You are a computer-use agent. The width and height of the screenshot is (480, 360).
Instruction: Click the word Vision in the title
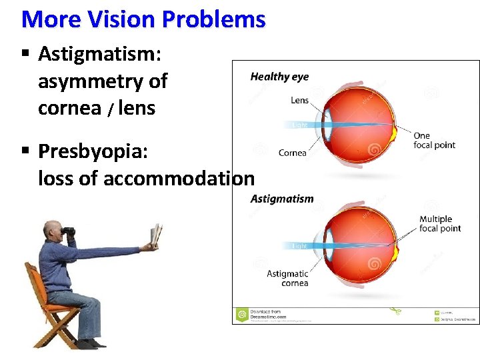(115, 19)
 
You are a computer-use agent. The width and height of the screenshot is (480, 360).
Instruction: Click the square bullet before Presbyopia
(25, 151)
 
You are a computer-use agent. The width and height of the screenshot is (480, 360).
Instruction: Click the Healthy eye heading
(279, 77)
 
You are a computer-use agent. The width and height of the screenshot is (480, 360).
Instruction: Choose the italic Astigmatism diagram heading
(282, 199)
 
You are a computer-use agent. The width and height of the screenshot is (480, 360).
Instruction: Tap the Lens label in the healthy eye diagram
(299, 101)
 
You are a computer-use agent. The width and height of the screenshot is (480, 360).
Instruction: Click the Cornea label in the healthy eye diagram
(293, 153)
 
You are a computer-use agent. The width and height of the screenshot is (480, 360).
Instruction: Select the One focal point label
(434, 141)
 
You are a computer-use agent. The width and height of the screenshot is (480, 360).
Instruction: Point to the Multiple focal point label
(439, 223)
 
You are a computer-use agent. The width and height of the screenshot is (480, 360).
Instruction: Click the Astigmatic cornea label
(287, 278)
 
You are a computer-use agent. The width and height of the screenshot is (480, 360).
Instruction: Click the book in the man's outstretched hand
(156, 237)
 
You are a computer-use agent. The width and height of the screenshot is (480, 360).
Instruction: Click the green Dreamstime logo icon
(241, 313)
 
